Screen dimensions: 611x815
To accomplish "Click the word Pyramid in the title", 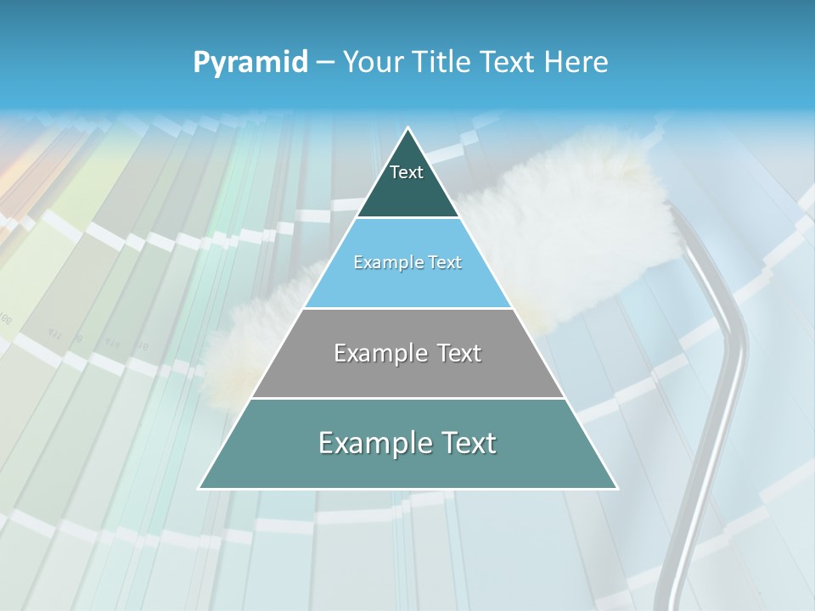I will [x=250, y=63].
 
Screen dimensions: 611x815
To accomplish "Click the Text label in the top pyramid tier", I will [x=407, y=172].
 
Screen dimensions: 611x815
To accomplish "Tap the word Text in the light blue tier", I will [x=444, y=263].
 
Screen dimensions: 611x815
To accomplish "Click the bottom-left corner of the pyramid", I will [x=200, y=488].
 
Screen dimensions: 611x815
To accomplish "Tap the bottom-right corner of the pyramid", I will [x=617, y=488].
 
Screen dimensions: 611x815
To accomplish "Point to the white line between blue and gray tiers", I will [x=407, y=308].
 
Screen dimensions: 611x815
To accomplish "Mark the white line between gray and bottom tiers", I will [x=407, y=398].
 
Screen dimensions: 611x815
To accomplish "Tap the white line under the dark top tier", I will [x=407, y=218].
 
